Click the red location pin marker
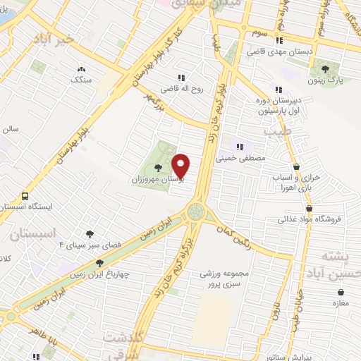[180, 165]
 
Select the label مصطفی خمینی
[243, 158]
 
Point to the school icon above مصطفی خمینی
[240, 147]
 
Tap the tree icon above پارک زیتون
[325, 69]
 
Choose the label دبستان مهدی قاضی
[279, 51]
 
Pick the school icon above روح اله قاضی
[182, 78]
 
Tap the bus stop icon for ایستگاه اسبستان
[25, 196]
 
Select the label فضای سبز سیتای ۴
[90, 245]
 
